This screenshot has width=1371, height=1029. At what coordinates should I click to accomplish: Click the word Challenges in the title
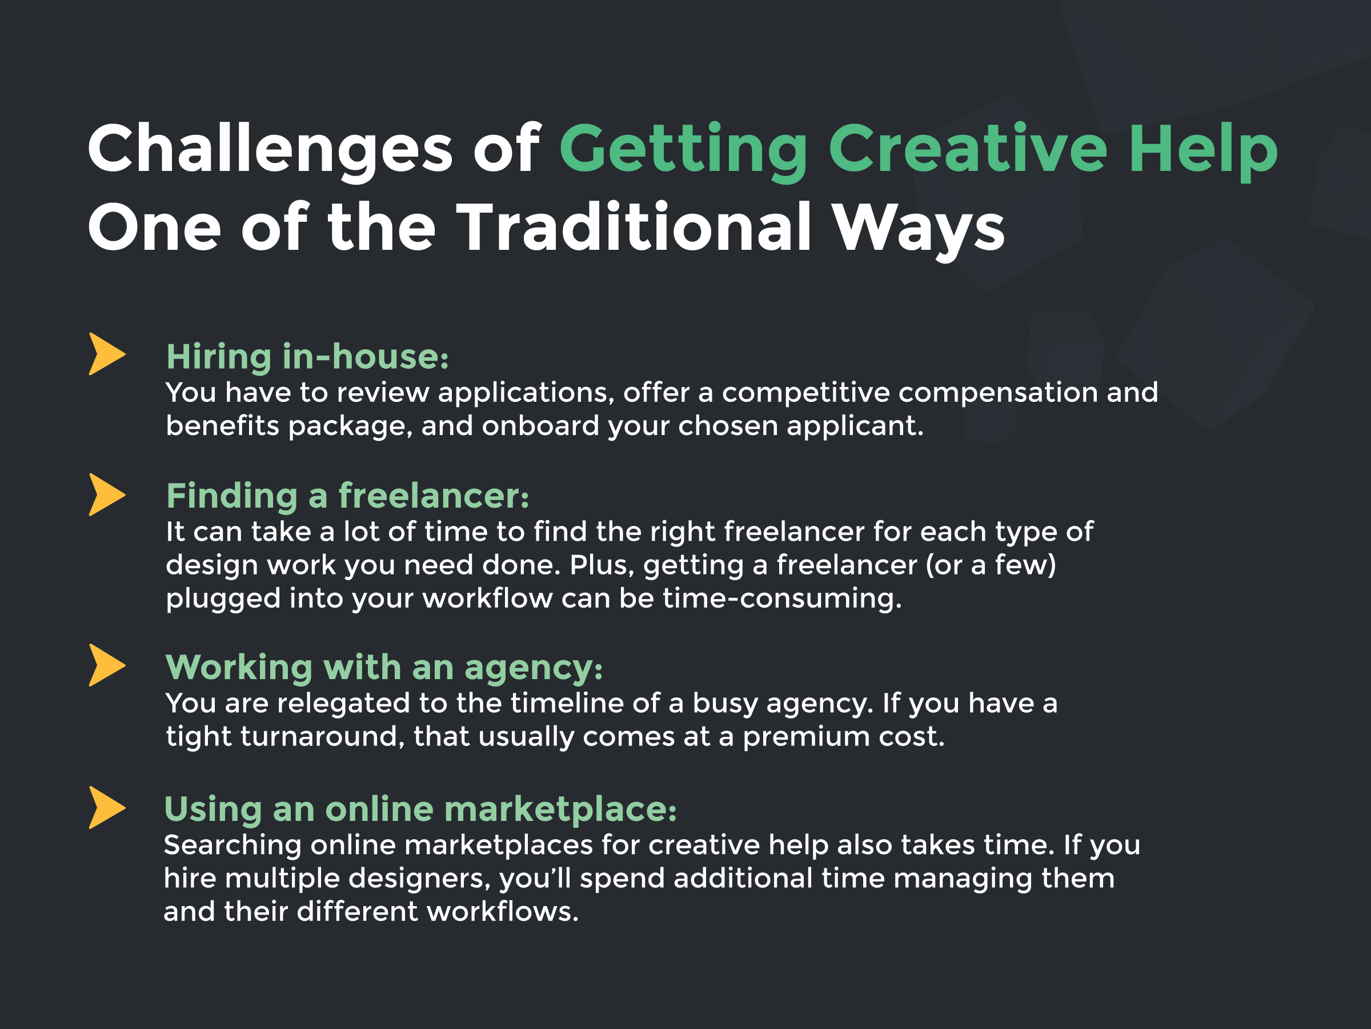(x=270, y=149)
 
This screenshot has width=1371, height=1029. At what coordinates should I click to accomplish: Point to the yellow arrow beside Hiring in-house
(x=107, y=354)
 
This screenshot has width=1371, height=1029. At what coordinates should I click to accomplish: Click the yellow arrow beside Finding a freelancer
(x=107, y=495)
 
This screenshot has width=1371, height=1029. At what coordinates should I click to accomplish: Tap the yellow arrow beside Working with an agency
(x=107, y=665)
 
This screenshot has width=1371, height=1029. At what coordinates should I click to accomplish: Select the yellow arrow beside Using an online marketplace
(x=107, y=808)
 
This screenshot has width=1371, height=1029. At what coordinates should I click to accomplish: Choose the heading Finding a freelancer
(x=348, y=496)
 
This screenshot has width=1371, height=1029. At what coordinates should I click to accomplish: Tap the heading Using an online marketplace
(x=420, y=811)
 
